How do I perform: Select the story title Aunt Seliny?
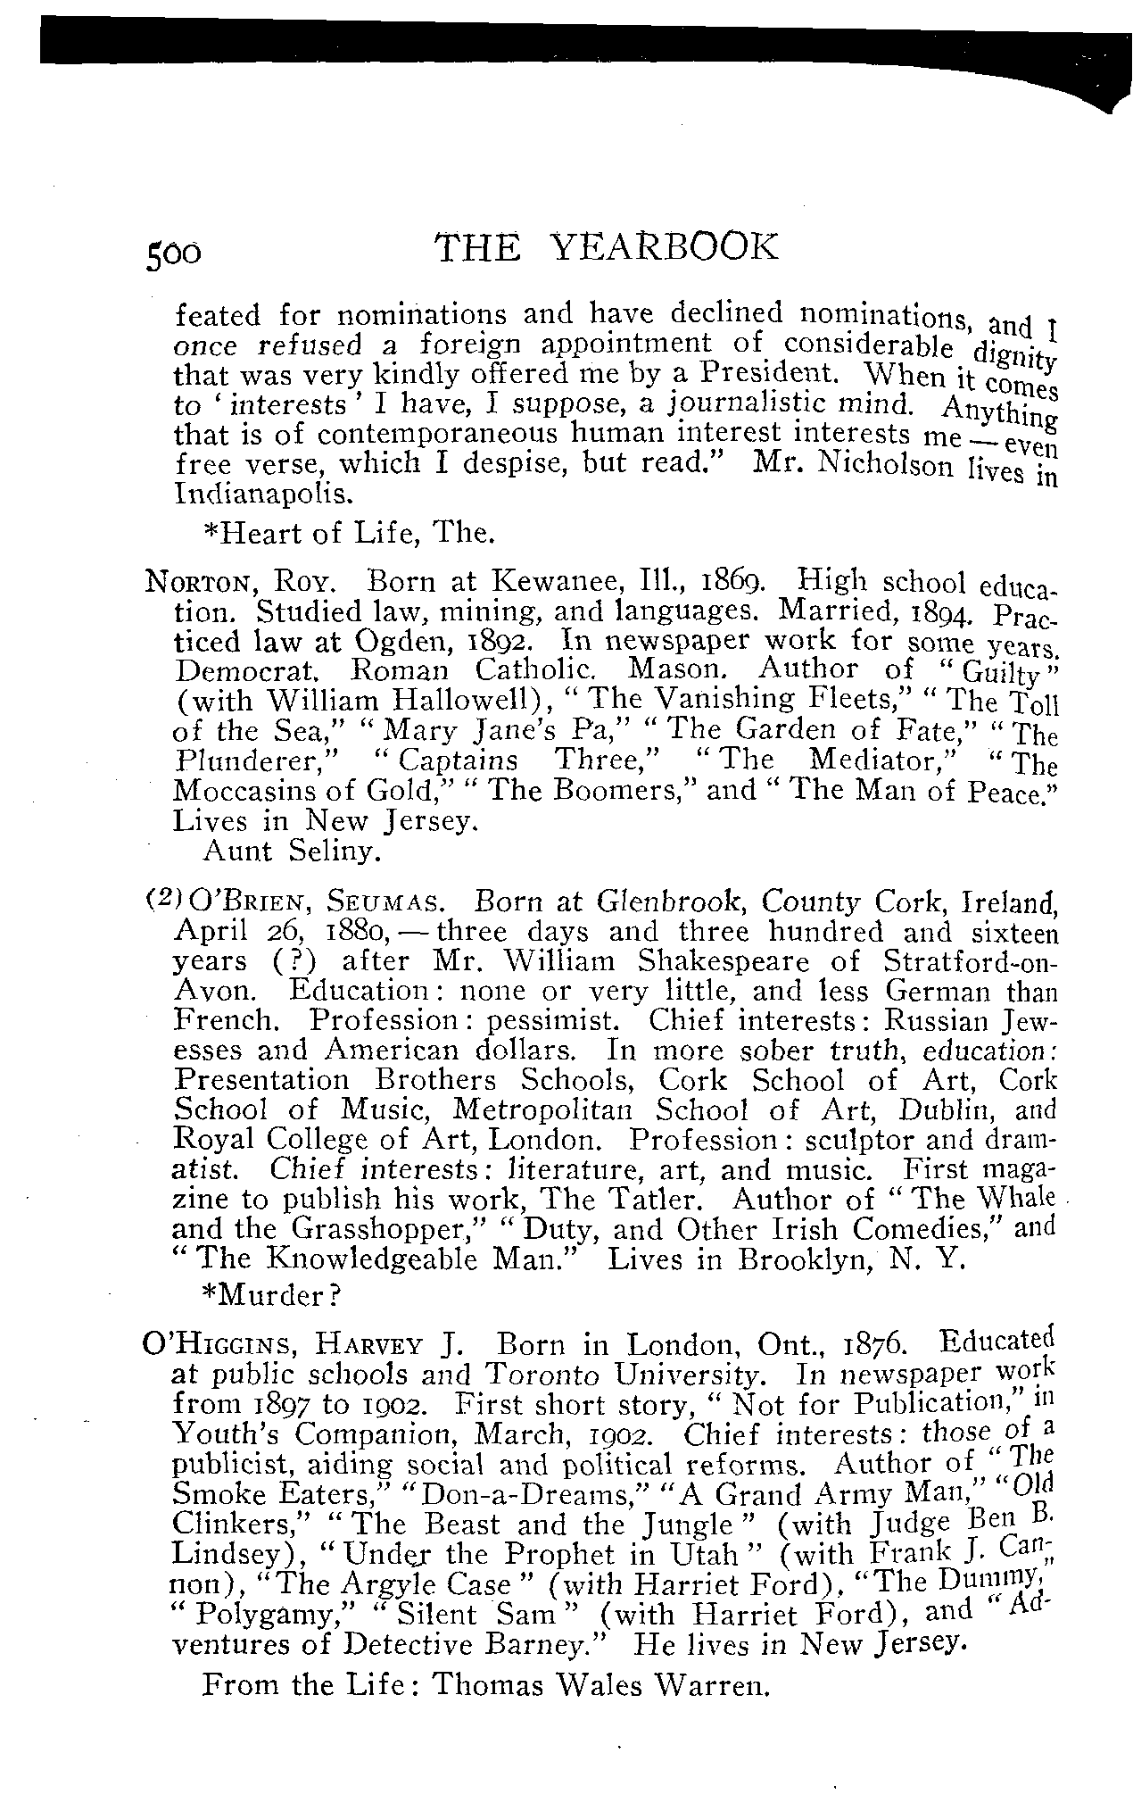[293, 852]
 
